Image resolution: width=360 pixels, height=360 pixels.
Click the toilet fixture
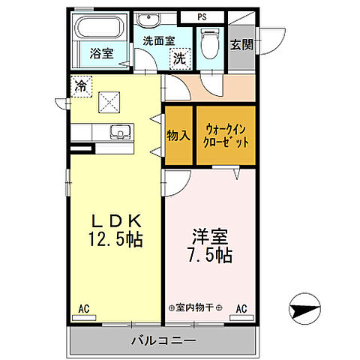(x=209, y=46)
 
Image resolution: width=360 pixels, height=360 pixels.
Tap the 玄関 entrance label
(x=241, y=45)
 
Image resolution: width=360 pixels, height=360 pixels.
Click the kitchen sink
(x=119, y=133)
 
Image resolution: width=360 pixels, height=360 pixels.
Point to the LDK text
(x=116, y=221)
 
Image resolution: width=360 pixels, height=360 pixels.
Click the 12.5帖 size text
(x=115, y=241)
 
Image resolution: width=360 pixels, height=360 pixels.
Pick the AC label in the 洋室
(x=242, y=307)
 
